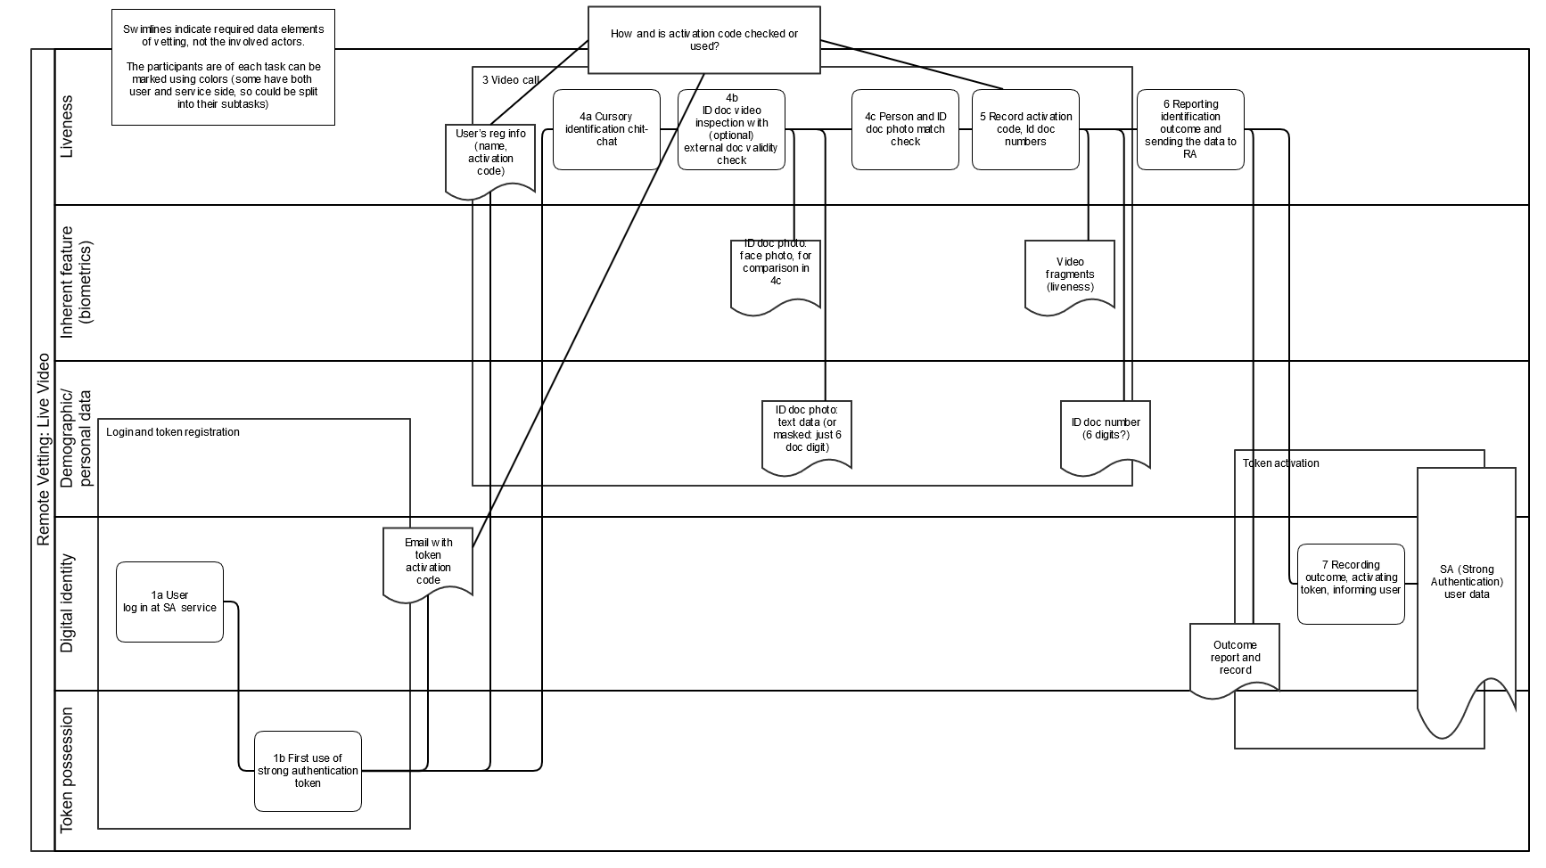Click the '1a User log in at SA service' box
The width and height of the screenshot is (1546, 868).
[169, 602]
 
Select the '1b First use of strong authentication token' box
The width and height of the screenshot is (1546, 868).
[308, 771]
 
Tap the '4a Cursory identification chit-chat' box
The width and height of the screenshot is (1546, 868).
[606, 129]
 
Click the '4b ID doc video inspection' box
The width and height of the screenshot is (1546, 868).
[731, 129]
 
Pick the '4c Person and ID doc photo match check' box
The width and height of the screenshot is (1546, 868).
[905, 129]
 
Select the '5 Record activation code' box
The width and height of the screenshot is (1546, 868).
[1025, 129]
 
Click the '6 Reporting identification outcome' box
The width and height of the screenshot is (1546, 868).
[1190, 129]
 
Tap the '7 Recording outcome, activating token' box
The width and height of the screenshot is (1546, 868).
[1351, 584]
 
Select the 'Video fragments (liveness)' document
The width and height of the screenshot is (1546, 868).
[1070, 277]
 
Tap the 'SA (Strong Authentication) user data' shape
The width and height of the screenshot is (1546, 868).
[1467, 588]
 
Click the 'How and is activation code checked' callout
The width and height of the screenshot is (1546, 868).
[704, 40]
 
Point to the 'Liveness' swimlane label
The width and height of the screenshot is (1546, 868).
[67, 127]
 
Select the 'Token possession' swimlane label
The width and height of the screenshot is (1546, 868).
[67, 771]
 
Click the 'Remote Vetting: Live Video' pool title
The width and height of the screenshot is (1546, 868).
[43, 450]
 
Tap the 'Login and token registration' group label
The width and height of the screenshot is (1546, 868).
[173, 432]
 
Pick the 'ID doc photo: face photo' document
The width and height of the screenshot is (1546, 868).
[776, 276]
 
